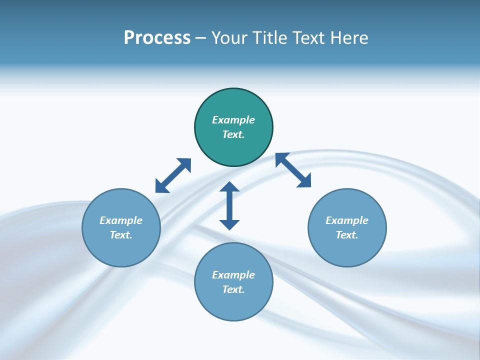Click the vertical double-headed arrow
point(229,205)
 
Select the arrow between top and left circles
point(173,175)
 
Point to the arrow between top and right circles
point(293,170)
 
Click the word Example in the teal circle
point(233,120)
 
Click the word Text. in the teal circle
point(233,134)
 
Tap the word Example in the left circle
point(121,220)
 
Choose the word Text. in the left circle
point(121,235)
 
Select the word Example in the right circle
point(347,220)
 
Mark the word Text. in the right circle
point(347,235)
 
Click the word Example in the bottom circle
point(233,275)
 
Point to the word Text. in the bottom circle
point(233,289)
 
